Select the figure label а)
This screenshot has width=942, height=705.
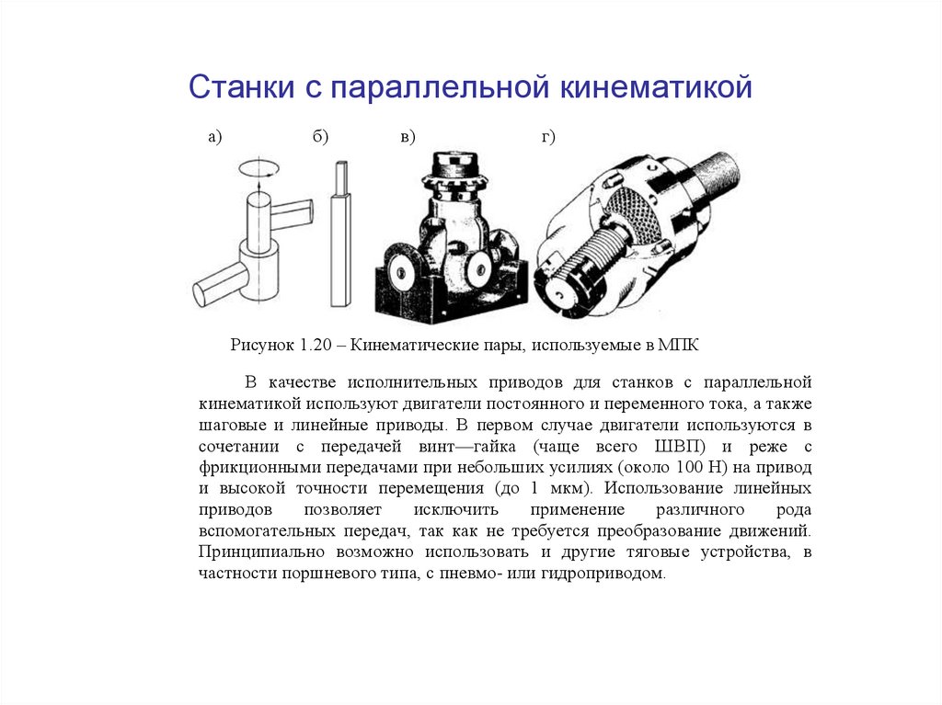[x=214, y=137]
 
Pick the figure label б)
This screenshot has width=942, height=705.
[x=320, y=137]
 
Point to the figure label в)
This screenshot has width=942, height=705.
[x=408, y=137]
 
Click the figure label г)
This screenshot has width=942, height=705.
[x=548, y=137]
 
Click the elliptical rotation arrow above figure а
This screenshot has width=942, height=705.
[x=258, y=169]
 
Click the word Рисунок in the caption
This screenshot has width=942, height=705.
[x=260, y=346]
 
